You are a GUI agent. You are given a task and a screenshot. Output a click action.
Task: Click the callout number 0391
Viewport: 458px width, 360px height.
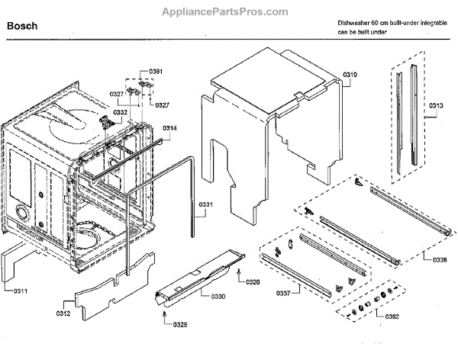156,71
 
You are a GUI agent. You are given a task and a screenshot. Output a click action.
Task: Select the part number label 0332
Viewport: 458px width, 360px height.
120,112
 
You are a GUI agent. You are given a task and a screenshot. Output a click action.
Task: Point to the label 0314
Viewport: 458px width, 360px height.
169,129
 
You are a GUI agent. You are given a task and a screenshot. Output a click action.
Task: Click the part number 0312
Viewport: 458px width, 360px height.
65,313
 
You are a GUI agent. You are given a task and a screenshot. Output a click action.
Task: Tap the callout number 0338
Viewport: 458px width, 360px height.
439,260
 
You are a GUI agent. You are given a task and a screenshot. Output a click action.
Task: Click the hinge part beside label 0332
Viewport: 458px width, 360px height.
104,120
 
